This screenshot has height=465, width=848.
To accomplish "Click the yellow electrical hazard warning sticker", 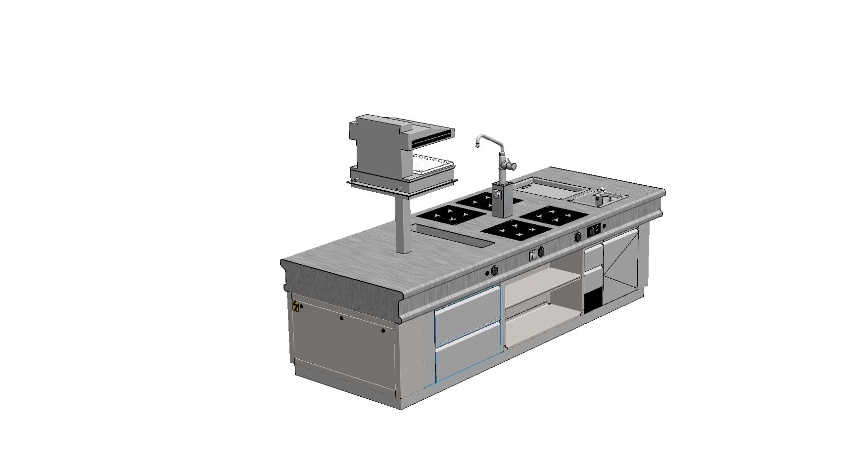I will (296, 306).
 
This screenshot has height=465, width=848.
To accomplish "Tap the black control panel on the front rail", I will (594, 230).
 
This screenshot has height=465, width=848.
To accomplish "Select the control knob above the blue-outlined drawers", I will (494, 270).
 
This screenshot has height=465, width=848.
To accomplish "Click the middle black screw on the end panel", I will (341, 319).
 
